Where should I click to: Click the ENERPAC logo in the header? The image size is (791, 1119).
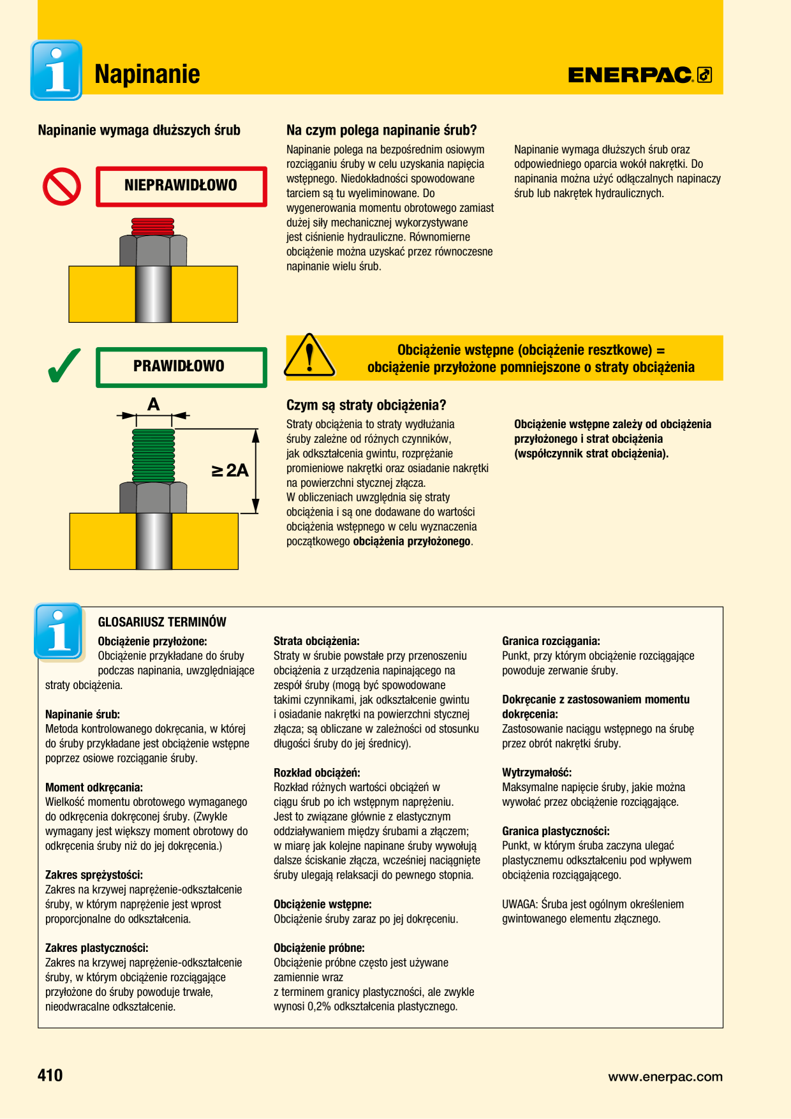640,75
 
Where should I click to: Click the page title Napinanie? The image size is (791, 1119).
147,74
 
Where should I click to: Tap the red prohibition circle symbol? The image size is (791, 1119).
62,187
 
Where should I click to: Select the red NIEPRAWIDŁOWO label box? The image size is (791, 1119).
181,186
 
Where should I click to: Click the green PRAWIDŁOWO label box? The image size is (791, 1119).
181,367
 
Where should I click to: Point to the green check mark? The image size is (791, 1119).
64,365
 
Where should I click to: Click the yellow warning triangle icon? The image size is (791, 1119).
309,355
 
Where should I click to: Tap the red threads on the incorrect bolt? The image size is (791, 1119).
152,226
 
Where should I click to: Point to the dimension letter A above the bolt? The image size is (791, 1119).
153,404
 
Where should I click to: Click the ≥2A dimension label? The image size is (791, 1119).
230,471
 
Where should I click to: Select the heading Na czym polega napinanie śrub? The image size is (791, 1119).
381,130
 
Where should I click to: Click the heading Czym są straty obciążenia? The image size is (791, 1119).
366,405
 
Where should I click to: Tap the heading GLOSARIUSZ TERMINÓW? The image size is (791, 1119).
162,622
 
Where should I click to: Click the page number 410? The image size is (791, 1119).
50,1076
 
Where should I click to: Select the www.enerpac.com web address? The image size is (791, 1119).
665,1077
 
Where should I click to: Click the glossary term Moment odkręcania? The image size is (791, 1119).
94,787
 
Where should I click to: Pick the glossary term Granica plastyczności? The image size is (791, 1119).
556,831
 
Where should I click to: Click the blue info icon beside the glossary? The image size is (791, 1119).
59,632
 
